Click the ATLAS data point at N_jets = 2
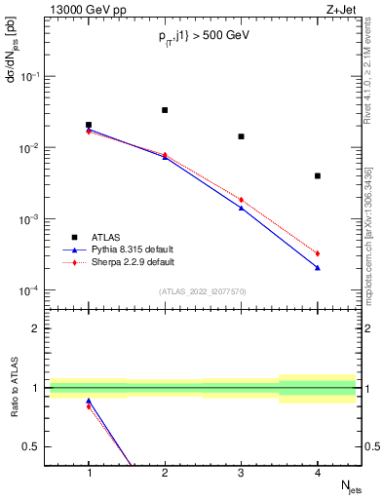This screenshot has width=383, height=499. point(165,110)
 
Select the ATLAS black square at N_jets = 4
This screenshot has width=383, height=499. point(318,175)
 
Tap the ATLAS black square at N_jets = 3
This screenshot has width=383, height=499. point(241,136)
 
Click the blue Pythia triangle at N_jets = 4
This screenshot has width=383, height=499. point(318,268)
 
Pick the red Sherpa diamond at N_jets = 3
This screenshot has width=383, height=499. point(241,200)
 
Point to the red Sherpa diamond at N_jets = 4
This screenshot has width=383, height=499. point(318,253)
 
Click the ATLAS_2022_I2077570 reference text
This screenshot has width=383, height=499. point(203,291)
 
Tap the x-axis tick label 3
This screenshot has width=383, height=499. point(241,473)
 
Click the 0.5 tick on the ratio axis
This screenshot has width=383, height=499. point(35,446)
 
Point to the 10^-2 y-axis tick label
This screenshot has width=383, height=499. point(32,148)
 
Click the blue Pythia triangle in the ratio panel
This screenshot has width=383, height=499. point(89,401)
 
